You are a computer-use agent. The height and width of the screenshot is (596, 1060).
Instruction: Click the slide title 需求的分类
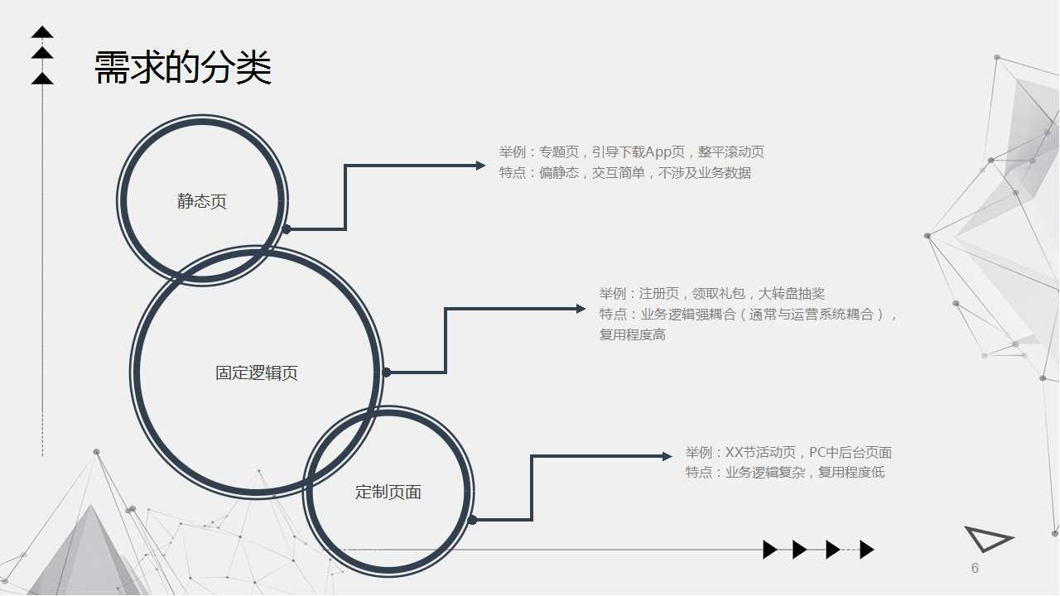click(x=183, y=68)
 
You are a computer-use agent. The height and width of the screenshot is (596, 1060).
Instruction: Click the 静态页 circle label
click(x=202, y=202)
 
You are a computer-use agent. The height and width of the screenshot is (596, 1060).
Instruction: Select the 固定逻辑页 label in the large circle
click(x=257, y=373)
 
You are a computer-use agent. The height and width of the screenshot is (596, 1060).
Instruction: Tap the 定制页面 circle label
click(x=388, y=493)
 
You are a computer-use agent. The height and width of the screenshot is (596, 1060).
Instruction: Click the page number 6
click(x=975, y=568)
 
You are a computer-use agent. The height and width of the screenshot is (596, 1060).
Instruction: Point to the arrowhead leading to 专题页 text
click(x=481, y=166)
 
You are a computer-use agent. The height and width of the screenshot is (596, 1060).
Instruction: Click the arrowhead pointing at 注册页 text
click(x=581, y=309)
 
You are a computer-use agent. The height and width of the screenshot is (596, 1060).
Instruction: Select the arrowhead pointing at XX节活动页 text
click(x=667, y=456)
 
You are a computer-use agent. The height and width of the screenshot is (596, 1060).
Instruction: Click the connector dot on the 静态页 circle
click(x=287, y=229)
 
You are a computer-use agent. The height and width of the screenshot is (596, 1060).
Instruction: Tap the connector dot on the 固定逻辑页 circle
click(x=386, y=372)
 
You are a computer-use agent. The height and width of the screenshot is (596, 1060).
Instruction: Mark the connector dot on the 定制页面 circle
click(x=472, y=520)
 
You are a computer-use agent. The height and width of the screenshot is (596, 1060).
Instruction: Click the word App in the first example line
click(x=658, y=152)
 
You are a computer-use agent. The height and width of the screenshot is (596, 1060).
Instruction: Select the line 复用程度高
click(x=633, y=335)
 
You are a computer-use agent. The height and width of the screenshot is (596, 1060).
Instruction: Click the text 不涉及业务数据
click(x=705, y=173)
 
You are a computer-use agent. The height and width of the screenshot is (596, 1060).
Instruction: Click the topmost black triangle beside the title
click(x=42, y=32)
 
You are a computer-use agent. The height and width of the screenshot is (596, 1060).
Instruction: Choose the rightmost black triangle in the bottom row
click(x=867, y=550)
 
